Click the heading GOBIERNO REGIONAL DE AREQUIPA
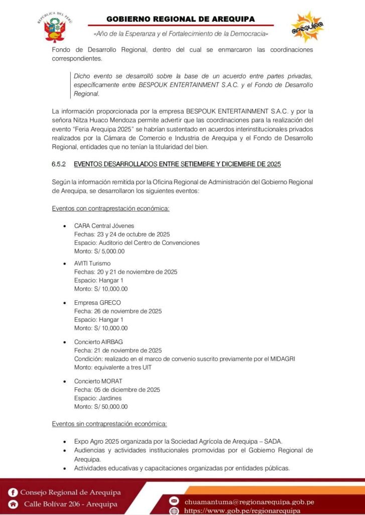point(180,19)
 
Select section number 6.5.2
point(59,164)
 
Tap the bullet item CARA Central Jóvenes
point(104,225)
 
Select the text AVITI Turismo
point(92,263)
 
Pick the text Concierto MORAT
point(98,381)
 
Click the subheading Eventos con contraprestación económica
point(110,208)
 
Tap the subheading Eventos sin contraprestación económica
point(109,424)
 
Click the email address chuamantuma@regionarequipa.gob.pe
point(250,501)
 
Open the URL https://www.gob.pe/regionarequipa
point(242,510)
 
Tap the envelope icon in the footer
point(174,501)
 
